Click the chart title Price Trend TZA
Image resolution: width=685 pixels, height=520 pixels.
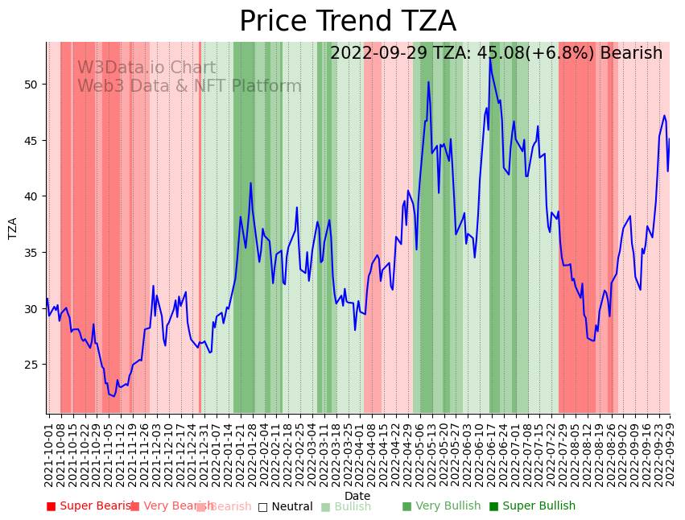click(347, 22)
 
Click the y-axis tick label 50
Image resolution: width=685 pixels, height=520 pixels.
click(31, 85)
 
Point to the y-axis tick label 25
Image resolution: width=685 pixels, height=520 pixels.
click(31, 365)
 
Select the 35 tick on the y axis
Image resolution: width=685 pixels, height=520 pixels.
click(31, 253)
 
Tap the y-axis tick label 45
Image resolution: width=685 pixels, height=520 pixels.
click(31, 141)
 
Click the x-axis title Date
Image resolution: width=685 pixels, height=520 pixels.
click(357, 497)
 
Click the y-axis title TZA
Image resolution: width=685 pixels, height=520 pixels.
click(13, 228)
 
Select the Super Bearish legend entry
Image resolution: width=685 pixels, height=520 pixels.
click(90, 506)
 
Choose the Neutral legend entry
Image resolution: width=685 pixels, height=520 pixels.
click(285, 506)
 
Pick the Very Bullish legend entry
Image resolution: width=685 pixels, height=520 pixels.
click(441, 506)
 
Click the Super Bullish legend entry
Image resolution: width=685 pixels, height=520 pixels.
click(532, 506)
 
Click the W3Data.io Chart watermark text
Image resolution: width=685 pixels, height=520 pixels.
click(146, 68)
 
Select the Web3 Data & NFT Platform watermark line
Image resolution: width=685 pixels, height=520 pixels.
click(189, 87)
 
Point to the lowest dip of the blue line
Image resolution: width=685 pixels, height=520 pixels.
click(113, 396)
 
